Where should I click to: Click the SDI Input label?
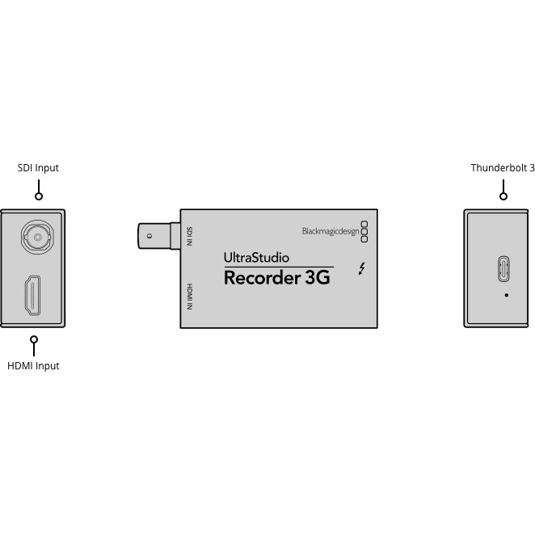38,168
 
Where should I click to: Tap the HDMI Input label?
33,365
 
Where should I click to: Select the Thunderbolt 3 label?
503,168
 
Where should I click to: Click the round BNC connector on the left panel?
34,237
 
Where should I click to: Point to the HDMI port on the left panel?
33,296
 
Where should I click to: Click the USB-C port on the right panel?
503,269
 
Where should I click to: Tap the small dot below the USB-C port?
507,295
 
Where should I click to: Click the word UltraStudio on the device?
256,259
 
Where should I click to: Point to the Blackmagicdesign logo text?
331,231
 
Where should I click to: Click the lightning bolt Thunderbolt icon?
363,268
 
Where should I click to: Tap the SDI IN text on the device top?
189,236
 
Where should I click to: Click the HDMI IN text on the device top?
189,297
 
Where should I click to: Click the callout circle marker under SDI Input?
38,196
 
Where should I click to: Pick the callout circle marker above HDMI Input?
33,339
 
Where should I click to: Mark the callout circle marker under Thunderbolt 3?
503,196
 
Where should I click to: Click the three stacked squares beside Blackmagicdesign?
364,231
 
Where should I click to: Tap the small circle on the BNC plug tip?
148,236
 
